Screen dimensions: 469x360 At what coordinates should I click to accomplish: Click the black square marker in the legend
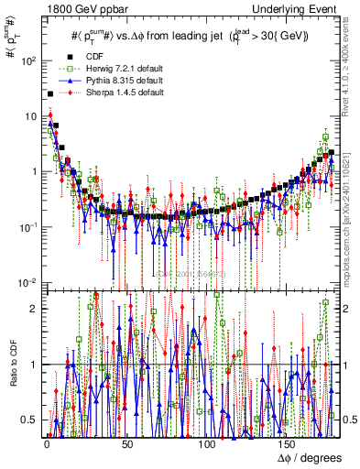(63, 54)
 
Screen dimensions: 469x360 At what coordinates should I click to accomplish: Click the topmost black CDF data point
(49, 94)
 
